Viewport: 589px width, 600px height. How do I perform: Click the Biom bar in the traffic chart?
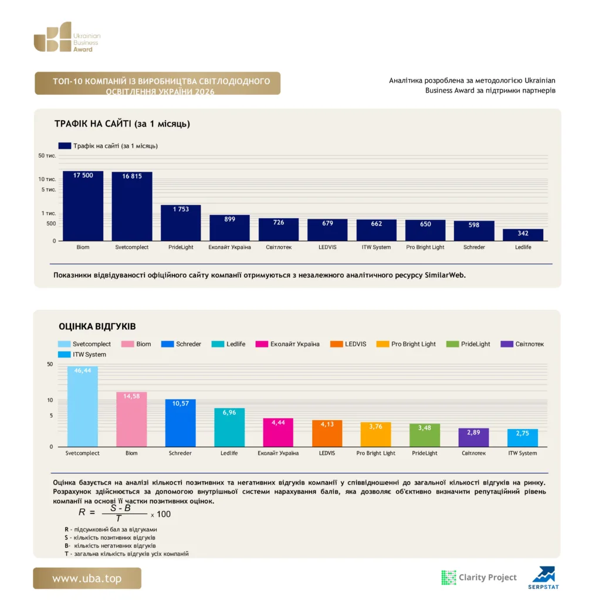point(83,206)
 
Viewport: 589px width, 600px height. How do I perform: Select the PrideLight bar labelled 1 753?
point(181,223)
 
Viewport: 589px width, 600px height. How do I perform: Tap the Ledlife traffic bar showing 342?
point(523,235)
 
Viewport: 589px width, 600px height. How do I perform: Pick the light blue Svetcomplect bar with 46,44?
point(82,407)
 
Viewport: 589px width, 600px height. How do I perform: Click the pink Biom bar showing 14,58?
point(131,420)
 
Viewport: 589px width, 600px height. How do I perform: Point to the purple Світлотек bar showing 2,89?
point(473,437)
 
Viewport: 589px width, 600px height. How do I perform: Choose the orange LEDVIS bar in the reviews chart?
point(327,433)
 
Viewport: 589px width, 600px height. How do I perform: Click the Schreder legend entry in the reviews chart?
point(181,344)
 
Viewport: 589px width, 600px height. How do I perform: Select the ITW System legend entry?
point(82,354)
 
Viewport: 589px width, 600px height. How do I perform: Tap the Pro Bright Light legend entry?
point(406,344)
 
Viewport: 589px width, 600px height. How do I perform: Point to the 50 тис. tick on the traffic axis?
point(47,156)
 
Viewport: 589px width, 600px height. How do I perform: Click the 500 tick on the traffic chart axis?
point(52,223)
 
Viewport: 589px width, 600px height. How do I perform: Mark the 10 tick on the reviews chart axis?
point(50,400)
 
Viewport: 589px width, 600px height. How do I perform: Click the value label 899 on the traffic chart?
point(229,219)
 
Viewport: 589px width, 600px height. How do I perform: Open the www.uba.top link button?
point(87,578)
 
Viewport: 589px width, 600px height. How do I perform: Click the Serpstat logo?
point(543,578)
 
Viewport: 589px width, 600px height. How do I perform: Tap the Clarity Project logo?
point(479,577)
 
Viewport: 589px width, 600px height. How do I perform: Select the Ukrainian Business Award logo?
point(67,37)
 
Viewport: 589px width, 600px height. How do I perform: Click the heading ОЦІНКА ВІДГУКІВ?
point(97,326)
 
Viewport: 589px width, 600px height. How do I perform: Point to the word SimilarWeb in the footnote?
point(445,275)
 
